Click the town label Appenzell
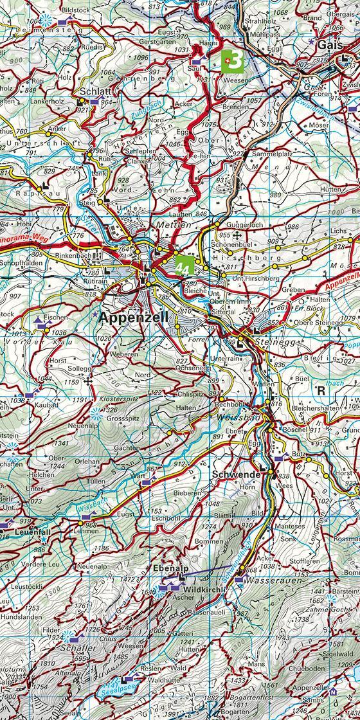click(134, 317)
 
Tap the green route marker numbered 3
click(233, 61)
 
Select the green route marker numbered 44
click(184, 265)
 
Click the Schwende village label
click(235, 474)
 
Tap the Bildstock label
click(73, 11)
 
